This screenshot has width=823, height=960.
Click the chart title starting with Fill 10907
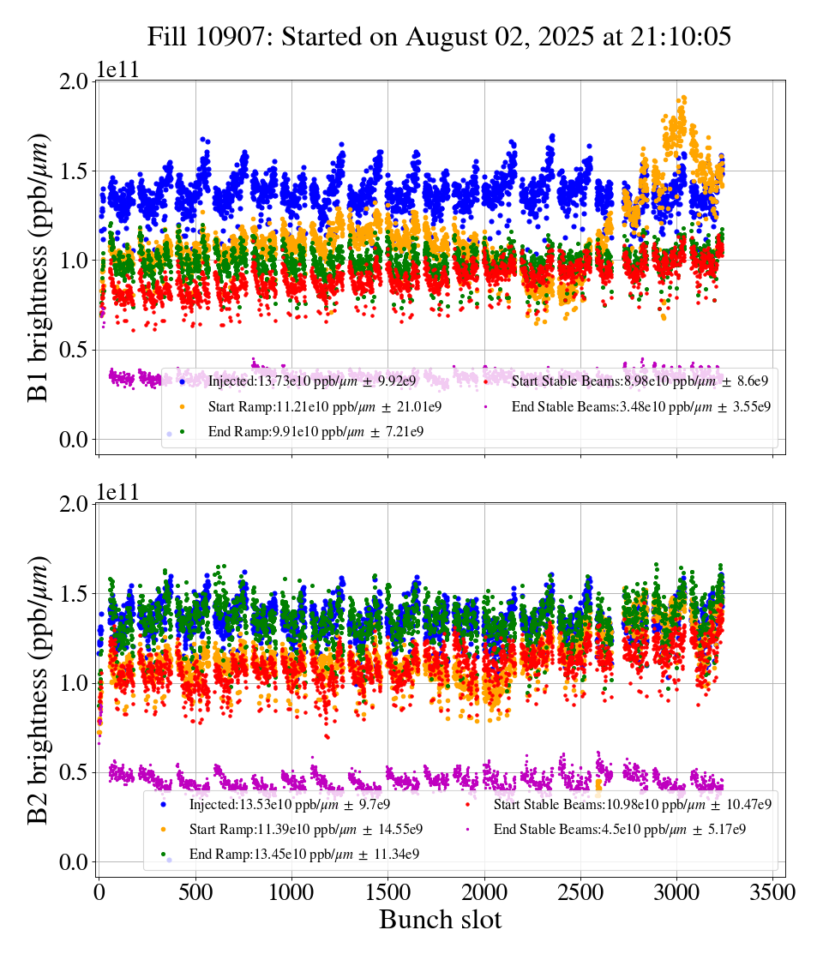pyautogui.click(x=438, y=37)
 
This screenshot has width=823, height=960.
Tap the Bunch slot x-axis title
pyautogui.click(x=440, y=920)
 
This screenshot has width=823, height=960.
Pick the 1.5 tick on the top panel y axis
pyautogui.click(x=75, y=171)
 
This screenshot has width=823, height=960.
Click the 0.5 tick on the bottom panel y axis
pyautogui.click(x=75, y=772)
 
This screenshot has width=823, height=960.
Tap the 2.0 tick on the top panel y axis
pyautogui.click(x=75, y=81)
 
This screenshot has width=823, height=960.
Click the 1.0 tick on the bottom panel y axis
pyautogui.click(x=75, y=683)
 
